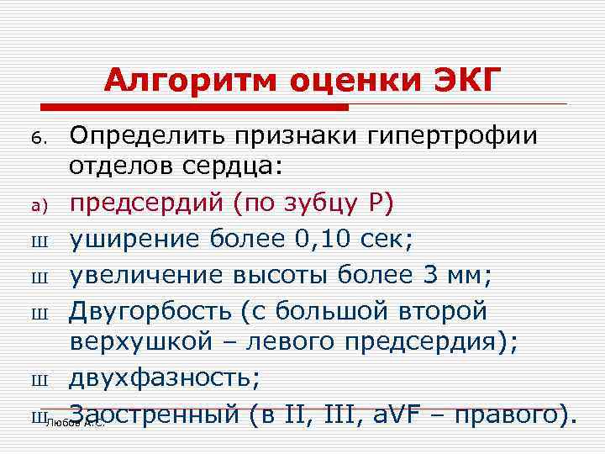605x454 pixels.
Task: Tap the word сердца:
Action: (232, 167)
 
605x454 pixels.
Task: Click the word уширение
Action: (134, 240)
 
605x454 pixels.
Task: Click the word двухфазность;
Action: (165, 378)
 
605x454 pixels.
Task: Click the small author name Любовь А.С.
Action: (76, 423)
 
